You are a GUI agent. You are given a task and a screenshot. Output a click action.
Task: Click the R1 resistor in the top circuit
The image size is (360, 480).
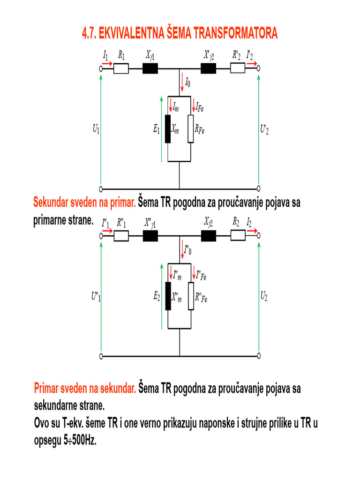coord(121,69)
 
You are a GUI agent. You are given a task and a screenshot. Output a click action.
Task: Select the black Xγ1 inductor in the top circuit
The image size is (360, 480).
coord(150,69)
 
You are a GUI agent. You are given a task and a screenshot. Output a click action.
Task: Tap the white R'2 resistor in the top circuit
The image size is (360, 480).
coord(237,69)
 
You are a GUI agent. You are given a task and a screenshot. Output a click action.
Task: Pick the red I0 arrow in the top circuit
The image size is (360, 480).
coord(181,83)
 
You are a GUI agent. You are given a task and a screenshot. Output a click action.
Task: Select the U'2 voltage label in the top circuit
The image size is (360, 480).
coord(264,129)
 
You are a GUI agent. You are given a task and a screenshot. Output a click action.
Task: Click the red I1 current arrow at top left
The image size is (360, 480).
coord(107,63)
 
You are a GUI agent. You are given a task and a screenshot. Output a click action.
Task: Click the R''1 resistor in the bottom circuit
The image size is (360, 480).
coord(121,237)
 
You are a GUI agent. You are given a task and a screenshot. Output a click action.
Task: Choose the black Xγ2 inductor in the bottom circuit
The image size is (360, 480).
coord(209,237)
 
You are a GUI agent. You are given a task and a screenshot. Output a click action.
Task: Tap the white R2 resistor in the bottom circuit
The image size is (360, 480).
coord(238,237)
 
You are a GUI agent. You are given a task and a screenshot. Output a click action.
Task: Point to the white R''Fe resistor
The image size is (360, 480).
coord(191,296)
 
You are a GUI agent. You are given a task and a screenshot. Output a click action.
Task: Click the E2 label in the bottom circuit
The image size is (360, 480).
coord(157,296)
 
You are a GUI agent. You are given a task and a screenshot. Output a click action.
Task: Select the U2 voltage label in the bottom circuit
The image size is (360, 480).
coord(264,296)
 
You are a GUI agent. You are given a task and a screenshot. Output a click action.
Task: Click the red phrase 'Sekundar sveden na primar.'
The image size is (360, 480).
coord(84,203)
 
